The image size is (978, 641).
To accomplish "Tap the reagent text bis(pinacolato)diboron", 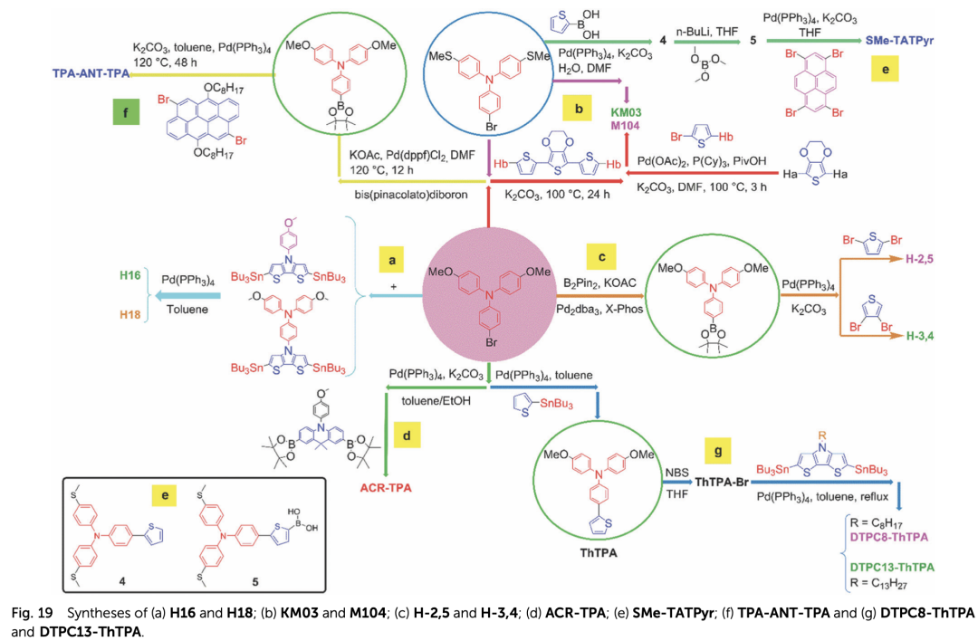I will (x=417, y=196).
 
